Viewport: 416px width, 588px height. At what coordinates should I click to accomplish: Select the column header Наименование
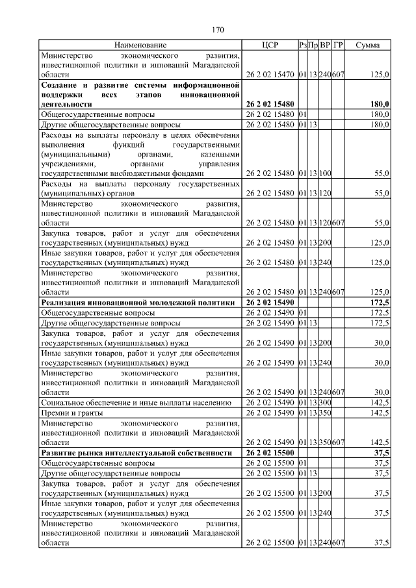point(140,45)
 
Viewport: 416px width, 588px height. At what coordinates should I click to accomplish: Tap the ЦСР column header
point(269,45)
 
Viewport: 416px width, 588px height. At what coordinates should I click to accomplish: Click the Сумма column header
point(369,45)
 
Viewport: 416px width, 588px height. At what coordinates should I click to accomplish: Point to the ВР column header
point(325,45)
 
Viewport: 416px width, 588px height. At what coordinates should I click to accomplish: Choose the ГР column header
point(338,45)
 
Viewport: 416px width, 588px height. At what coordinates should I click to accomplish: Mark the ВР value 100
point(325,173)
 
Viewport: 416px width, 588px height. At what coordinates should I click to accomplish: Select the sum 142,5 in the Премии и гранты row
point(378,413)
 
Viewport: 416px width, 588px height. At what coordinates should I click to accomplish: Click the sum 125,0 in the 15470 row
point(378,75)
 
